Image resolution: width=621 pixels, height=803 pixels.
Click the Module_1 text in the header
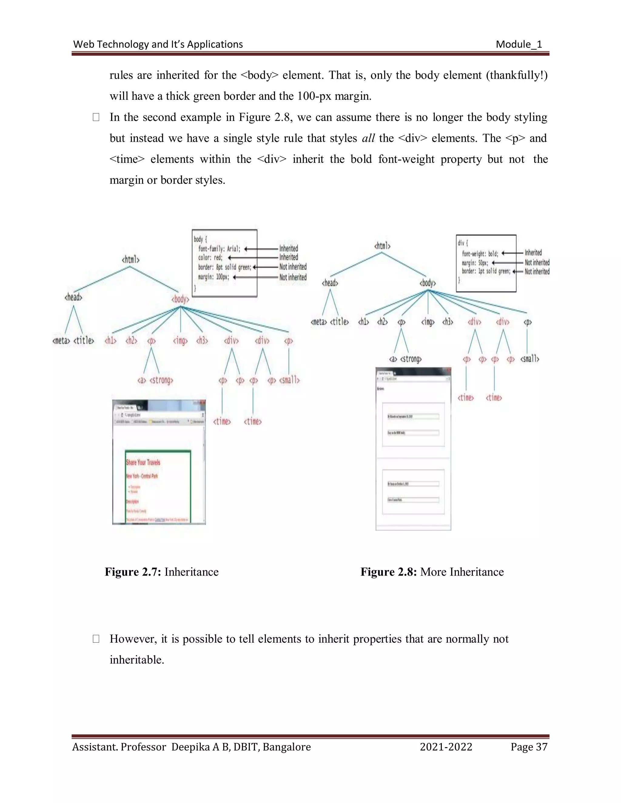tap(519, 45)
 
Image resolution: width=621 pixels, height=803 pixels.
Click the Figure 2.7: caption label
tap(133, 572)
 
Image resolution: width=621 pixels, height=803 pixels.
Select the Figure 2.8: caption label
tap(388, 572)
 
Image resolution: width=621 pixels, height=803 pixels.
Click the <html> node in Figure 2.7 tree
tap(131, 260)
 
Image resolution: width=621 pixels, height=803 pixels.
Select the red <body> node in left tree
tap(180, 299)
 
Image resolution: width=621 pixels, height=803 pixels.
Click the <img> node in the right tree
tap(428, 322)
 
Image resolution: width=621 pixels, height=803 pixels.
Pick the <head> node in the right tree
tap(330, 283)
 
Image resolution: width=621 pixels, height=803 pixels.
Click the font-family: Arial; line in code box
tap(219, 249)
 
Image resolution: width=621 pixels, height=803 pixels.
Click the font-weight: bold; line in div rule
tap(480, 254)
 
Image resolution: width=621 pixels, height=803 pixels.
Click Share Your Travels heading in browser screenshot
tap(143, 462)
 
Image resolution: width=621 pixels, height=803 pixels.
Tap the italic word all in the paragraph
tap(368, 138)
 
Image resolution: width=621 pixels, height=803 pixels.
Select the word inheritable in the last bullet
tap(136, 660)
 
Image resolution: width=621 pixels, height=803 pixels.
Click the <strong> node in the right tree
tap(411, 359)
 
